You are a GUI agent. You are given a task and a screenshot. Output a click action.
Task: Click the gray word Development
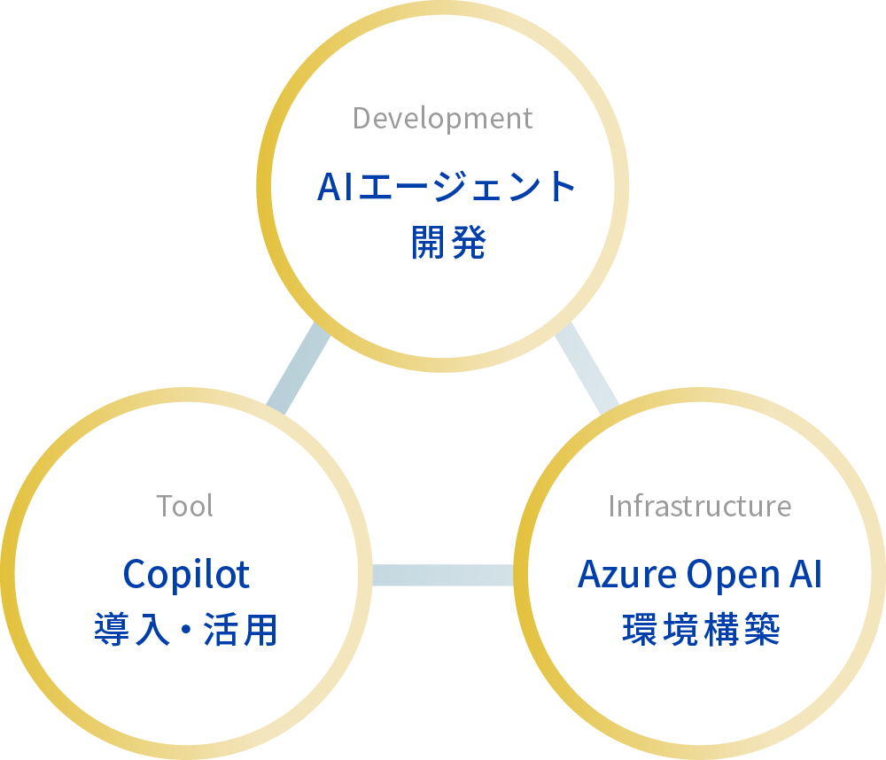(442, 118)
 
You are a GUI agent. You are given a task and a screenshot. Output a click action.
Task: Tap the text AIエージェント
(447, 187)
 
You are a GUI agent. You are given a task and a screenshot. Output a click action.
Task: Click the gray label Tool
(185, 506)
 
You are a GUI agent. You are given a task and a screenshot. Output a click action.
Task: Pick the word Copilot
(186, 575)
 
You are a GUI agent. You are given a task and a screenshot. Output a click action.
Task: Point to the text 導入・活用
(186, 631)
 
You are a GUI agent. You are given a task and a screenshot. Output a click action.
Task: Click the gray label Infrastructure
(699, 506)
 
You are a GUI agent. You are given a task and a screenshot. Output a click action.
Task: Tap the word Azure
(621, 575)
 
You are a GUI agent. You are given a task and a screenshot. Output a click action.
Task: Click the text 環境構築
(700, 631)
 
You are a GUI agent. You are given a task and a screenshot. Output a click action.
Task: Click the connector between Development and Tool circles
(298, 369)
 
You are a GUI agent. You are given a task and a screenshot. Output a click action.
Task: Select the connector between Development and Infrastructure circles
(587, 369)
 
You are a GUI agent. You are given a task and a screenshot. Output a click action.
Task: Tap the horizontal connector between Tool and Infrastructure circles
(442, 575)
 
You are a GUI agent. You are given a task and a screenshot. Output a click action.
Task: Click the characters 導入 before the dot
(127, 631)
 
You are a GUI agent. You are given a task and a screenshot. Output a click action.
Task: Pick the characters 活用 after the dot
(245, 631)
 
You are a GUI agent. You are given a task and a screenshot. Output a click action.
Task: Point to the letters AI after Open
(803, 575)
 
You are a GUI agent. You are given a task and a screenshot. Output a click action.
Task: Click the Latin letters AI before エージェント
(335, 187)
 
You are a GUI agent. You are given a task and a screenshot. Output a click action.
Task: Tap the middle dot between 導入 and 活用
(186, 632)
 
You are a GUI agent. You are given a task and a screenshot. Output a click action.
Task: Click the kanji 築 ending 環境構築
(766, 631)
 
